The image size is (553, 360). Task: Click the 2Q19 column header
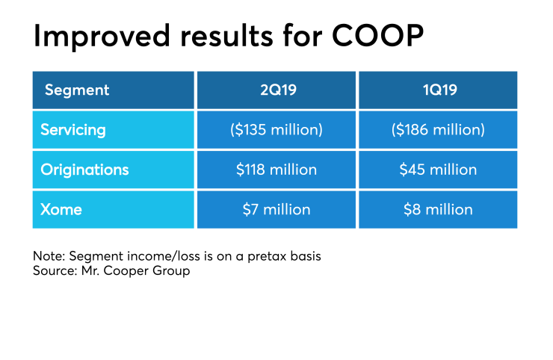point(276,90)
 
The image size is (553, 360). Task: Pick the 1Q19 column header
point(438,90)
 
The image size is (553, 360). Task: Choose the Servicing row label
point(73,130)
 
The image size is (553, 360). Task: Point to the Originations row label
point(84,170)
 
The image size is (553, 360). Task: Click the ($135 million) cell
point(276,130)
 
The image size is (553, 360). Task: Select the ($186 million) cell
point(438,130)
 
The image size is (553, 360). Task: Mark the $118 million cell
point(276,170)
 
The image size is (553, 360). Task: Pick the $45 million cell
point(438,170)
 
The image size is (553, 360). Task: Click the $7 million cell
point(276,209)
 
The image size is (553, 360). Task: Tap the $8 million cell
point(438,209)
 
